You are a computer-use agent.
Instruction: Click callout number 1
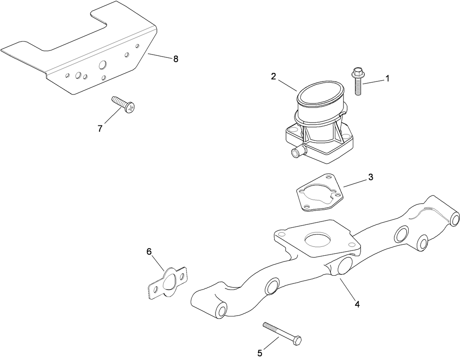pos(387,78)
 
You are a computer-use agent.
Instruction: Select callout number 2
pos(274,76)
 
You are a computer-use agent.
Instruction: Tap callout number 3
pos(370,177)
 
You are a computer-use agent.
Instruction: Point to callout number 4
pos(357,304)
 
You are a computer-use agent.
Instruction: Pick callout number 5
pos(260,353)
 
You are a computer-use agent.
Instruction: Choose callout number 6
pos(149,251)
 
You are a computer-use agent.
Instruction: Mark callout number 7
pos(100,128)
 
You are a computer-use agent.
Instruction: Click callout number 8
pos(176,59)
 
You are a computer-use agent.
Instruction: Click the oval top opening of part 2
pos(320,94)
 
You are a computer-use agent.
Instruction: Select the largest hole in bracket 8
pos(102,65)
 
